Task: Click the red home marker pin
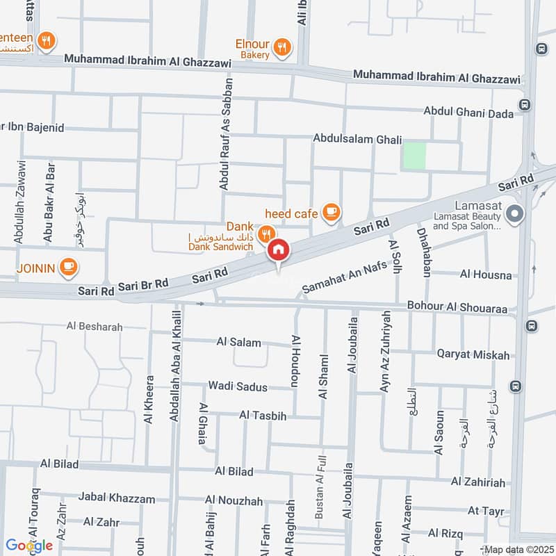[278, 251]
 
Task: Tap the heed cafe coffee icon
[332, 212]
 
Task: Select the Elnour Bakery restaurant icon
[282, 47]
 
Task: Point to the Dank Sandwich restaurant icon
[265, 234]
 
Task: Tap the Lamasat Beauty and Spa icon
[514, 215]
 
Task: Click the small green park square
[414, 154]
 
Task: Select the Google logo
[29, 546]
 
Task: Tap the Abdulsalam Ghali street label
[357, 140]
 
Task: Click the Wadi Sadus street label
[238, 386]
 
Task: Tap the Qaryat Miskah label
[473, 354]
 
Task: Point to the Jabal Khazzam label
[117, 498]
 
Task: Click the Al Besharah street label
[95, 327]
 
